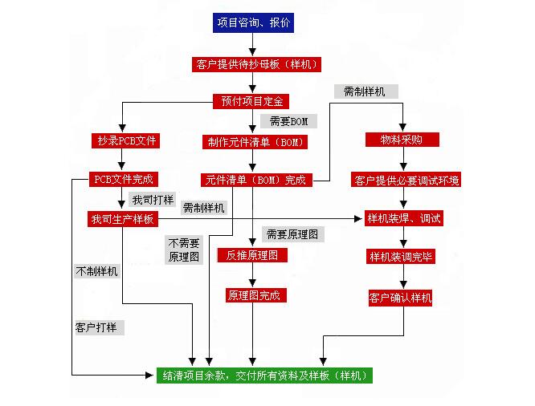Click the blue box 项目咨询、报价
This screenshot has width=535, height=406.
click(x=254, y=23)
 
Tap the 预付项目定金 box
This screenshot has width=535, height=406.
click(x=251, y=101)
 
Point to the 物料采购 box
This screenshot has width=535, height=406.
click(x=401, y=140)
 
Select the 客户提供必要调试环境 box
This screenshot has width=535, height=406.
click(x=406, y=181)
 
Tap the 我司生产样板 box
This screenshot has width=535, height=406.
click(x=123, y=219)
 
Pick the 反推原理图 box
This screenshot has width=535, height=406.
click(x=251, y=255)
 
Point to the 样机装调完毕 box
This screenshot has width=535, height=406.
click(x=401, y=257)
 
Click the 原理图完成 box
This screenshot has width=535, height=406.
click(x=253, y=295)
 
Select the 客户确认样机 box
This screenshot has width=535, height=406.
click(x=401, y=298)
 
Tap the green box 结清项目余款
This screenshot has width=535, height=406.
click(x=264, y=375)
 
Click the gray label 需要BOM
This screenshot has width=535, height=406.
click(x=288, y=121)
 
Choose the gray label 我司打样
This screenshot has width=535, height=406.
click(x=153, y=198)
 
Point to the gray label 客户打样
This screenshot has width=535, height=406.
click(x=100, y=327)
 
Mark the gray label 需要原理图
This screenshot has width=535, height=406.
click(x=292, y=234)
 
